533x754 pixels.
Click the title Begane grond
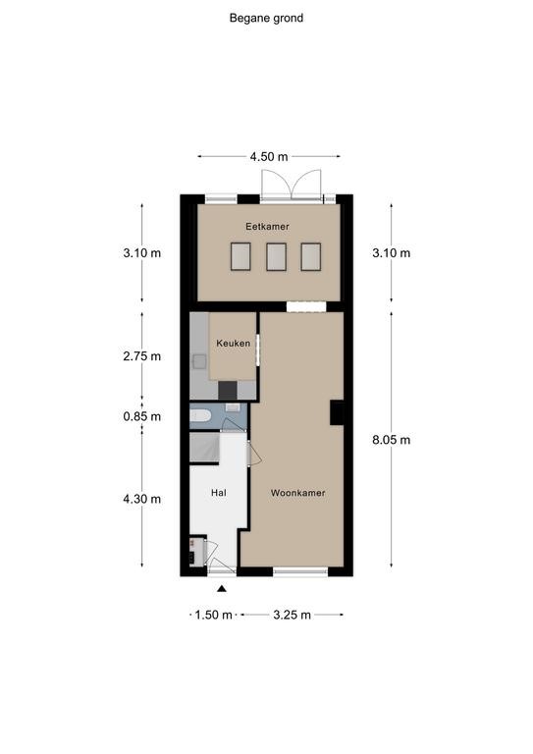pos(266,19)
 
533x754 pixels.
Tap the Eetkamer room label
pos(267,226)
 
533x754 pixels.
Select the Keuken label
pos(233,344)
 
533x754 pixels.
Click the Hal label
pos(219,493)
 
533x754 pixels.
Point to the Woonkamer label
pos(298,493)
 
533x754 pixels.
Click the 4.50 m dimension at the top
pos(269,157)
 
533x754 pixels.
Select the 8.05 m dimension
pos(392,440)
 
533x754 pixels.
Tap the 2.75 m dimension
pos(141,356)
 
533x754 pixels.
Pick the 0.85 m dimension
pos(141,416)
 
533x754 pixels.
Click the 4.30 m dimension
pos(141,499)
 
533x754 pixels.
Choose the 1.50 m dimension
pos(213,615)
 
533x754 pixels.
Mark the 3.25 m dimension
pos(293,615)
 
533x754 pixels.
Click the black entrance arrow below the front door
pos(222,588)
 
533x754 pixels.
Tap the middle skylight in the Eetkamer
pos(277,257)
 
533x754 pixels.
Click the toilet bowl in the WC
pos(200,416)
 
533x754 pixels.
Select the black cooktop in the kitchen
pos(228,391)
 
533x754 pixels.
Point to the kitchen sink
pos(199,361)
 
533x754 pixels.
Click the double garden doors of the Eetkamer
pos(292,186)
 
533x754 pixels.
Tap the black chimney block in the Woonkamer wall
pos(337,412)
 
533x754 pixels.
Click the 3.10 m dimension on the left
pos(141,253)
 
